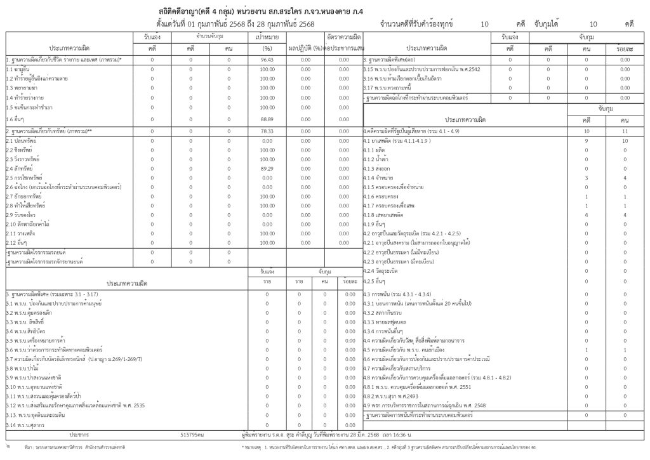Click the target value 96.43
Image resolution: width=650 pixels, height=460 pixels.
[x=267, y=60]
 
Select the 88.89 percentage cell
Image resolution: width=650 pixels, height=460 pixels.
[x=267, y=119]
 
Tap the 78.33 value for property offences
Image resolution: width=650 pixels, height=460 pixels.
[x=267, y=131]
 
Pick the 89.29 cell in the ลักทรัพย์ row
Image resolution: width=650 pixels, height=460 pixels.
[x=267, y=169]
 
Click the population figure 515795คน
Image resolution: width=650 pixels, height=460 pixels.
[x=192, y=435]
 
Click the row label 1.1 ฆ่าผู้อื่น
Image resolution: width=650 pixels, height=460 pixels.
[x=18, y=69]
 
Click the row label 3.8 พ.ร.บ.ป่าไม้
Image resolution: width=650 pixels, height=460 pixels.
[x=23, y=368]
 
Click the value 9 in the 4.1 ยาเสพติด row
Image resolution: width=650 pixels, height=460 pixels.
[x=586, y=140]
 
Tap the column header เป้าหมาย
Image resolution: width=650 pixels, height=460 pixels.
[x=267, y=38]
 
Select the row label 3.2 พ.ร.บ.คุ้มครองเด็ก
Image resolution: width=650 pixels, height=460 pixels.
[x=29, y=313]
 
